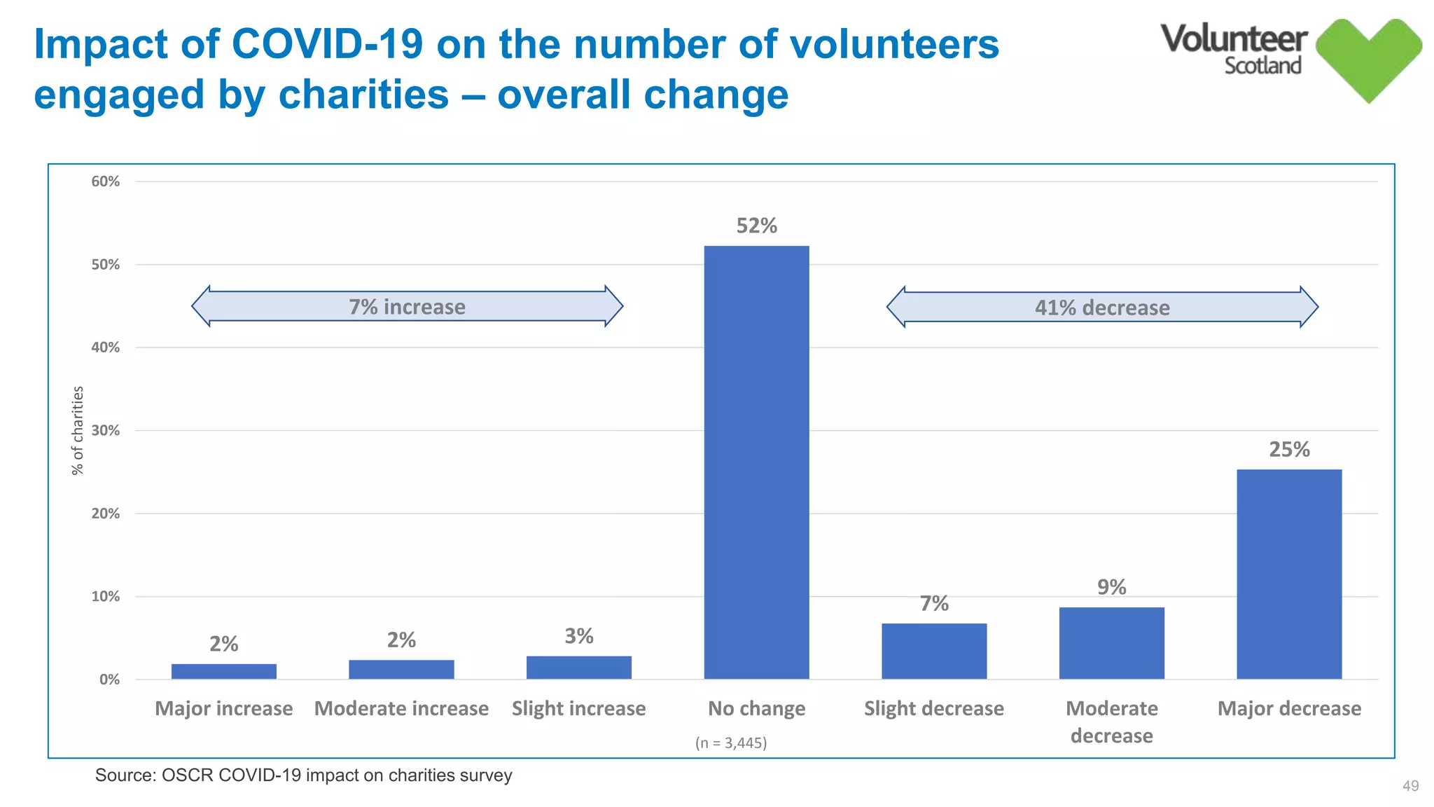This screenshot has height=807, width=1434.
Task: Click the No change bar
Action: (756, 462)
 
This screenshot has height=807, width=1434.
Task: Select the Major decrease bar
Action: (1289, 574)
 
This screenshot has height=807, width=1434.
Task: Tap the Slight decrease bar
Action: (934, 651)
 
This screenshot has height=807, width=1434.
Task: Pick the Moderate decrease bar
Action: (1111, 642)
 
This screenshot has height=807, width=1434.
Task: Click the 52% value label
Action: (756, 226)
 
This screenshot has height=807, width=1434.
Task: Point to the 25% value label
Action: (1289, 449)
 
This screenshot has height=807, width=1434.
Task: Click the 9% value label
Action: (1111, 587)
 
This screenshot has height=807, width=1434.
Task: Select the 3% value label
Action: (579, 636)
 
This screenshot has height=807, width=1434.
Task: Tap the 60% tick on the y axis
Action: (106, 181)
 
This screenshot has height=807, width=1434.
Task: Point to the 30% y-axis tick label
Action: (106, 430)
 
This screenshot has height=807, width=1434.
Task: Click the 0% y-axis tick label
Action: (109, 680)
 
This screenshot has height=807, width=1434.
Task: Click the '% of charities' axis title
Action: (78, 430)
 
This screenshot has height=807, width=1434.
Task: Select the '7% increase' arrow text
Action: (407, 307)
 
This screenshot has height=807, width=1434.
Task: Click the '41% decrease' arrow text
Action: (1102, 308)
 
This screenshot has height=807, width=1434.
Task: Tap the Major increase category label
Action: (223, 708)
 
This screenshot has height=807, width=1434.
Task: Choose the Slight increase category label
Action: (578, 708)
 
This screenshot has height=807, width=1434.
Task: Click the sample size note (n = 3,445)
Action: (731, 743)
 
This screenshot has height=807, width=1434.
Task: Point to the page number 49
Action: (1410, 786)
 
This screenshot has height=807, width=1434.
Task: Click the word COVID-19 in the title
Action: (327, 43)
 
